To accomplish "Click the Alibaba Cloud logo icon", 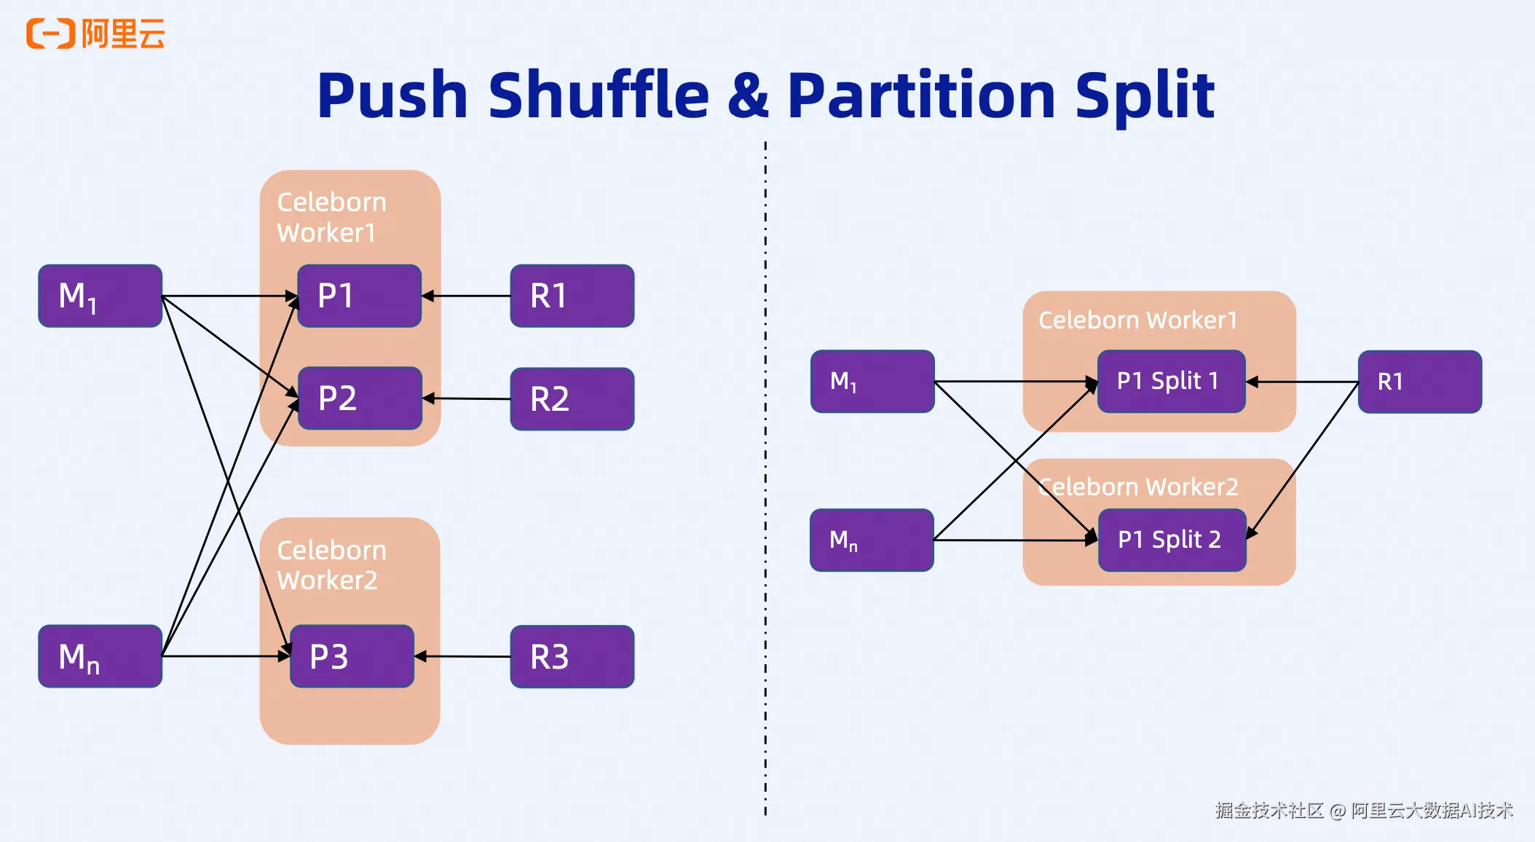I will tap(50, 34).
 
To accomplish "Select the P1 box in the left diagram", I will tap(360, 296).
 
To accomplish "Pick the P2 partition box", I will tap(360, 398).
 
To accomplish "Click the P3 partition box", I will tap(352, 656).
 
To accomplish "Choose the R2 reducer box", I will tap(572, 399).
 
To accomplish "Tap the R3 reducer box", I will tap(572, 656).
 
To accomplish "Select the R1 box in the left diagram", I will tap(572, 296).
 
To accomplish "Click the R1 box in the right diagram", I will tap(1419, 382).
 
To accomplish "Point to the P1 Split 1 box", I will tap(1171, 381).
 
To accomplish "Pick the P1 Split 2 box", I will tap(1172, 540).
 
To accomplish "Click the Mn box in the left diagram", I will tap(100, 656).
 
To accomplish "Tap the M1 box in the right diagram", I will tap(872, 381).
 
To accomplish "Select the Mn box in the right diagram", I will tap(872, 540).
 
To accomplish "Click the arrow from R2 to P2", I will tap(466, 398).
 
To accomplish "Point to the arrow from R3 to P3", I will tap(462, 656).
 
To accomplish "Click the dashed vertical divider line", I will tap(765, 473).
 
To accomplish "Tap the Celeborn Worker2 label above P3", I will tap(331, 565).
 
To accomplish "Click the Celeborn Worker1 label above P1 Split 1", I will tap(1137, 320).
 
